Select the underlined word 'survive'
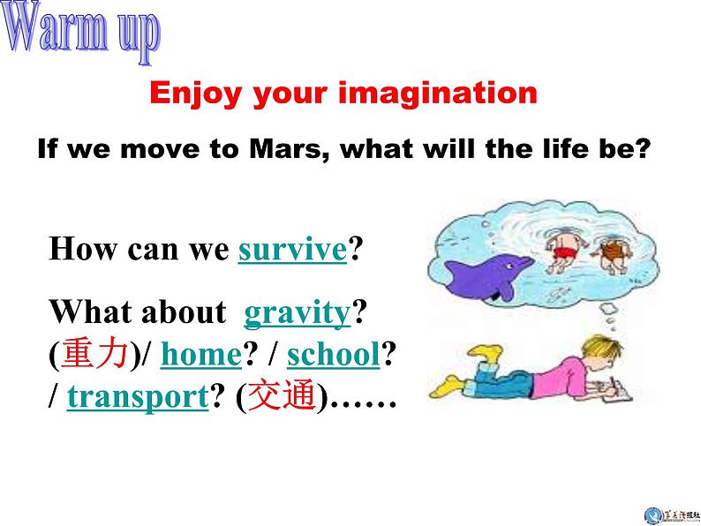(x=292, y=250)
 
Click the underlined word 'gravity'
(x=297, y=312)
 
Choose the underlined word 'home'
(x=201, y=355)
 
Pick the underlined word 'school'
(x=333, y=355)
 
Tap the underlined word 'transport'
(x=137, y=398)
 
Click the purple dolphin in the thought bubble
(x=490, y=268)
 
